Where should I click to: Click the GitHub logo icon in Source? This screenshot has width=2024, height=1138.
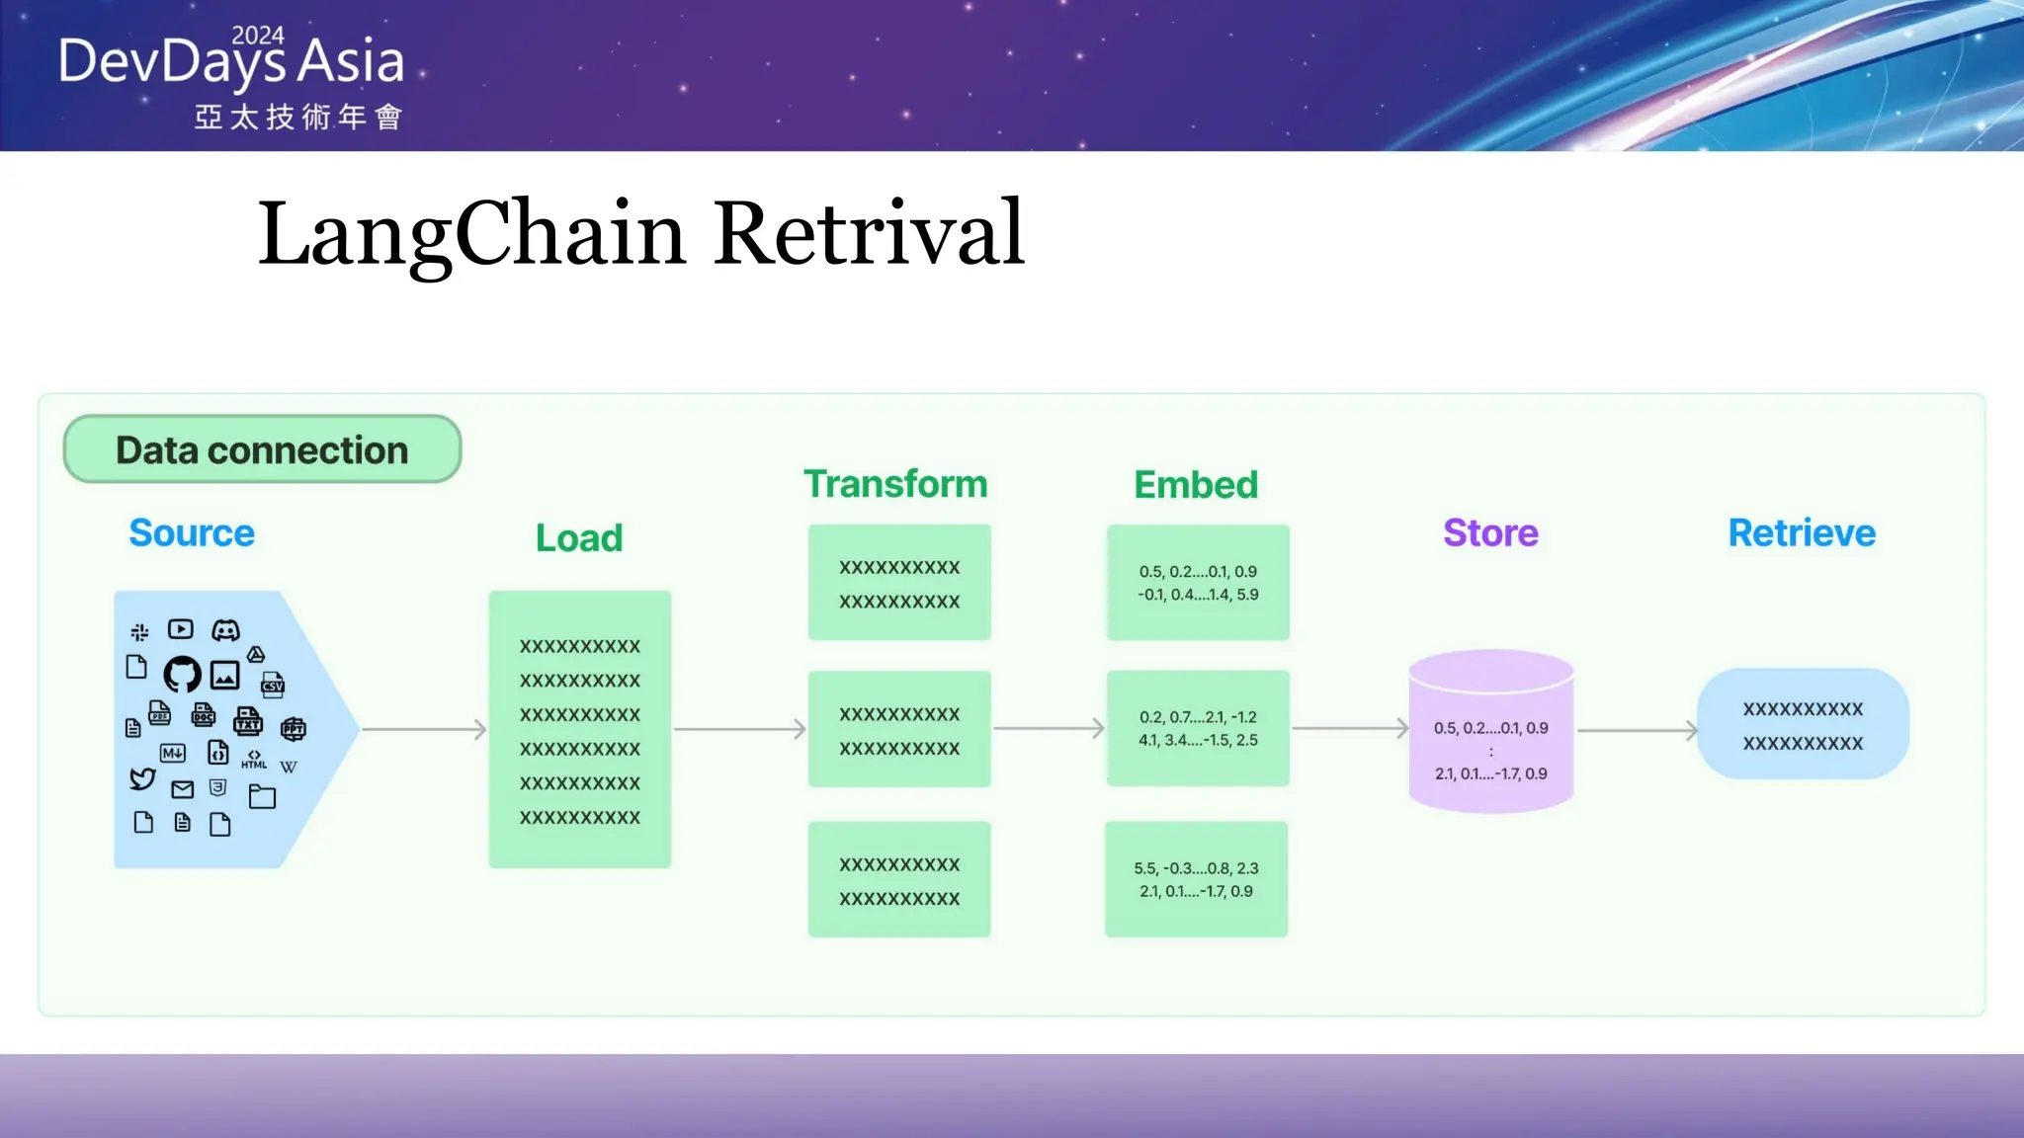coord(182,675)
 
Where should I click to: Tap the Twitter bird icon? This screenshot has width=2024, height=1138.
coord(142,778)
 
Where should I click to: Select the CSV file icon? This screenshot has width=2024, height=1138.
coord(273,684)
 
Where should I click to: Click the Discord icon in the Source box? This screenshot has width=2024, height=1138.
coord(226,630)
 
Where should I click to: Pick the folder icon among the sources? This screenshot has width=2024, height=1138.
coord(262,796)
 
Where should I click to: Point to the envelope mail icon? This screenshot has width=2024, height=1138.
coord(183,789)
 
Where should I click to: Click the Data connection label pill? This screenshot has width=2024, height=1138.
coord(262,449)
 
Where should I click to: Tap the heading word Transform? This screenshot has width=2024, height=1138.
coord(895,484)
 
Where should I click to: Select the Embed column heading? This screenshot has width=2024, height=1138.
coord(1196,485)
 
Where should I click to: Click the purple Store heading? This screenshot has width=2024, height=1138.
coord(1490,533)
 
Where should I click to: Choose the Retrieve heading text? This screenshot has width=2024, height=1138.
coord(1802,533)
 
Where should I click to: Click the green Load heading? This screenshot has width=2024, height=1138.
coord(579,538)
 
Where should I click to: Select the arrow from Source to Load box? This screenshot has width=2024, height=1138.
coord(424,730)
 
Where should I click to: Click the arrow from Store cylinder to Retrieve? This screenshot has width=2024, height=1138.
coord(1637,731)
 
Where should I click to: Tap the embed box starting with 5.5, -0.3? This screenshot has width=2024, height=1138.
coord(1196,879)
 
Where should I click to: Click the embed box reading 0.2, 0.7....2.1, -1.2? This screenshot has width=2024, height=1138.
coord(1198,729)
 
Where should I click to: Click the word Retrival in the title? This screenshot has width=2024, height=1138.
coord(869,233)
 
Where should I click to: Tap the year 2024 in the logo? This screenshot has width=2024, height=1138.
coord(258,36)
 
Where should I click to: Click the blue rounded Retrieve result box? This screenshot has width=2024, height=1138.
coord(1803,725)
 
